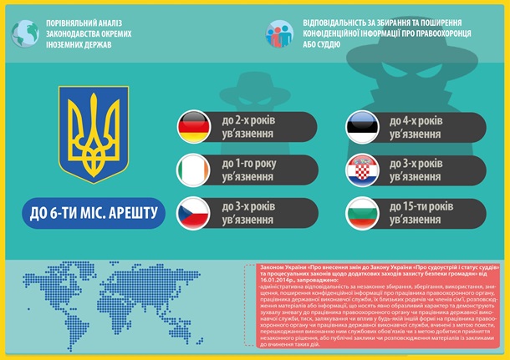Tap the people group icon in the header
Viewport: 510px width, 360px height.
click(281, 31)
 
